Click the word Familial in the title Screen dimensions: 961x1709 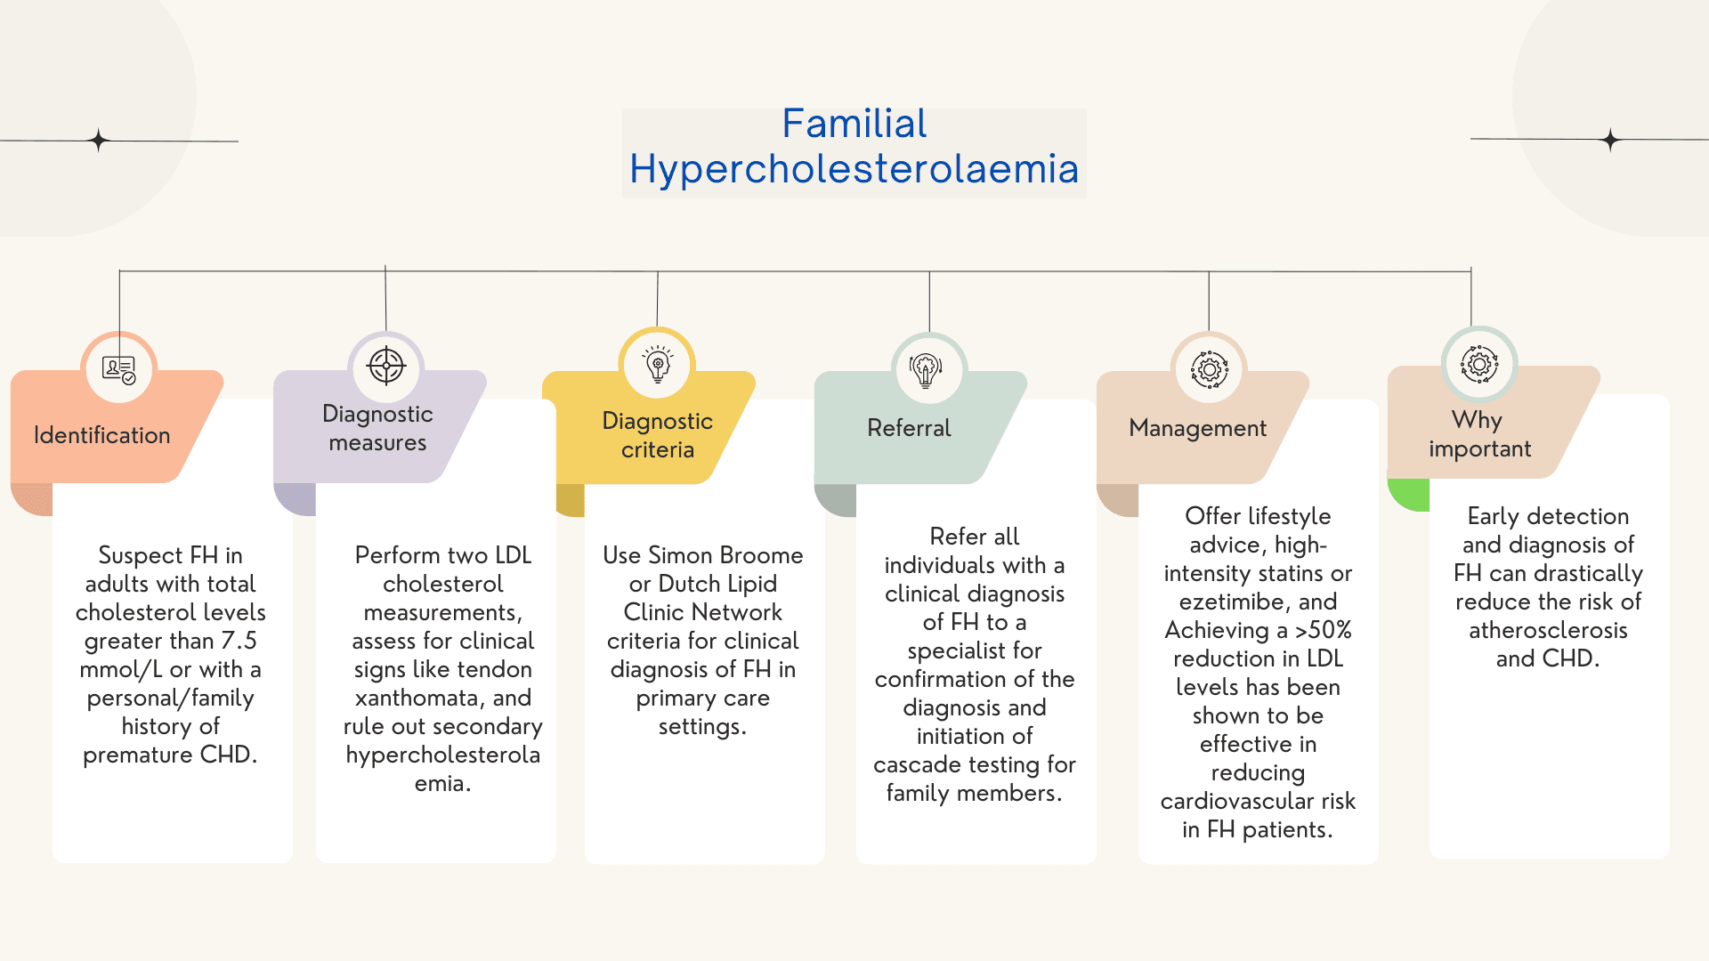[x=854, y=124]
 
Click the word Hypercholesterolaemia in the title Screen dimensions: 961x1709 [x=854, y=169]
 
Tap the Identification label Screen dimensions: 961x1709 [x=101, y=435]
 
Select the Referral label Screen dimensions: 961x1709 [x=909, y=428]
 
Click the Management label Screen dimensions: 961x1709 [x=1197, y=428]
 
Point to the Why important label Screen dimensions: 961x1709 [x=1479, y=434]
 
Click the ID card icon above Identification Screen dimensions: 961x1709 [x=118, y=368]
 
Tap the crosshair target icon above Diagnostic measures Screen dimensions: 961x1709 [x=386, y=366]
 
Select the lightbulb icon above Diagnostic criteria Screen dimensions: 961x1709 [x=658, y=364]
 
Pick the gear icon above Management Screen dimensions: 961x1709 [x=1209, y=368]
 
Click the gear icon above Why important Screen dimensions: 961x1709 [x=1478, y=364]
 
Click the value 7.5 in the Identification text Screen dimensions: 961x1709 [x=239, y=641]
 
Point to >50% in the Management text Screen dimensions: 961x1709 [x=1323, y=630]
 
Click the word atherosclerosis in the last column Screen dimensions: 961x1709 [x=1548, y=630]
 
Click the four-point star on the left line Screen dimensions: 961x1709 [x=99, y=141]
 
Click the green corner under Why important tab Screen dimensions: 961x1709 [x=1407, y=496]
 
